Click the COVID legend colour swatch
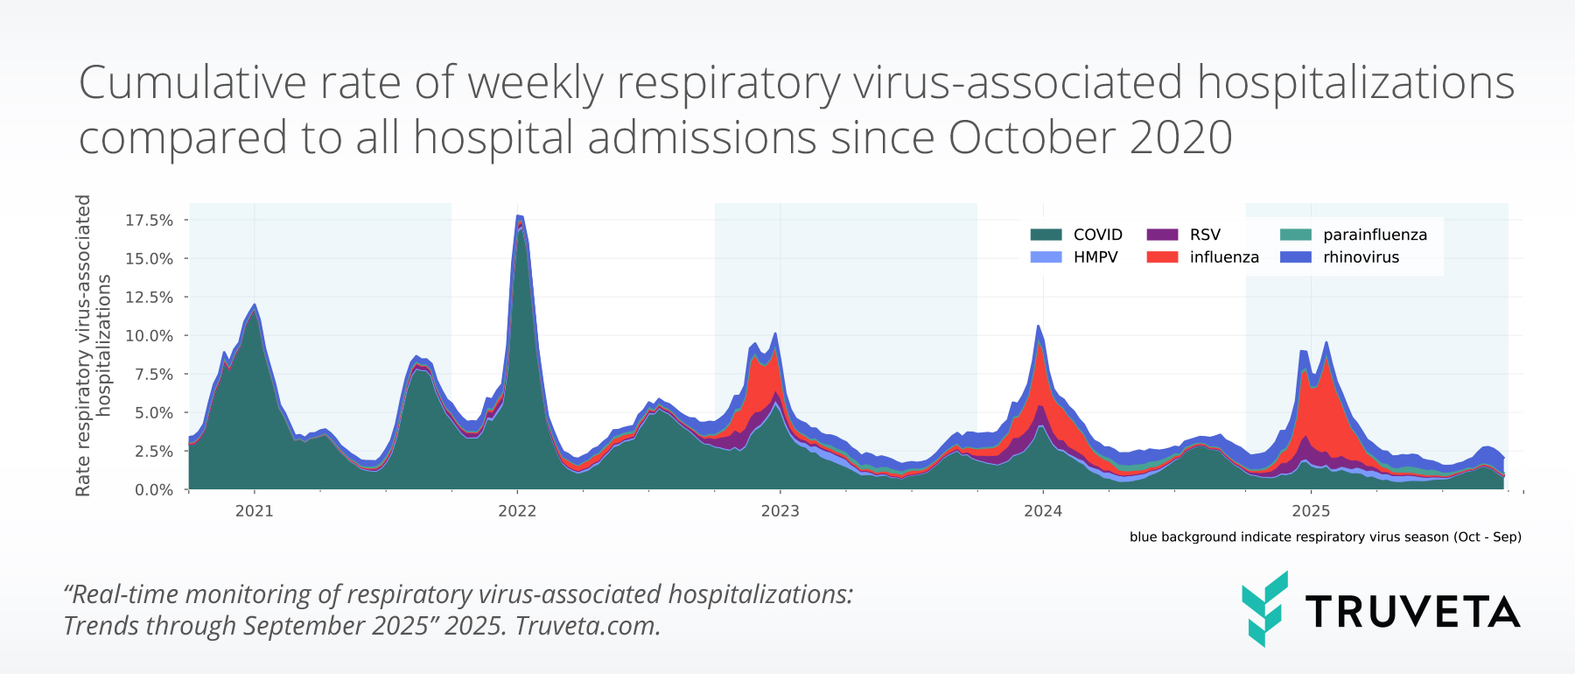(x=1046, y=235)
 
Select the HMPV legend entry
(x=1095, y=257)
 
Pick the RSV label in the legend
(x=1205, y=235)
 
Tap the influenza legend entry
(x=1223, y=257)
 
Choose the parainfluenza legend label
(x=1375, y=235)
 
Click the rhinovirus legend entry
(x=1361, y=257)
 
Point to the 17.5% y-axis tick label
(x=149, y=220)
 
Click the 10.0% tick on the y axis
(x=149, y=335)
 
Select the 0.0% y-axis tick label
(x=153, y=489)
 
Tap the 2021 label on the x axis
(x=255, y=511)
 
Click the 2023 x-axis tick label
(x=780, y=511)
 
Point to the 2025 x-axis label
(x=1311, y=511)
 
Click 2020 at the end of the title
(x=1180, y=137)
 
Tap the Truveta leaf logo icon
(x=1264, y=608)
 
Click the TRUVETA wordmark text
(x=1412, y=612)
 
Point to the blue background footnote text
(x=1325, y=537)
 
